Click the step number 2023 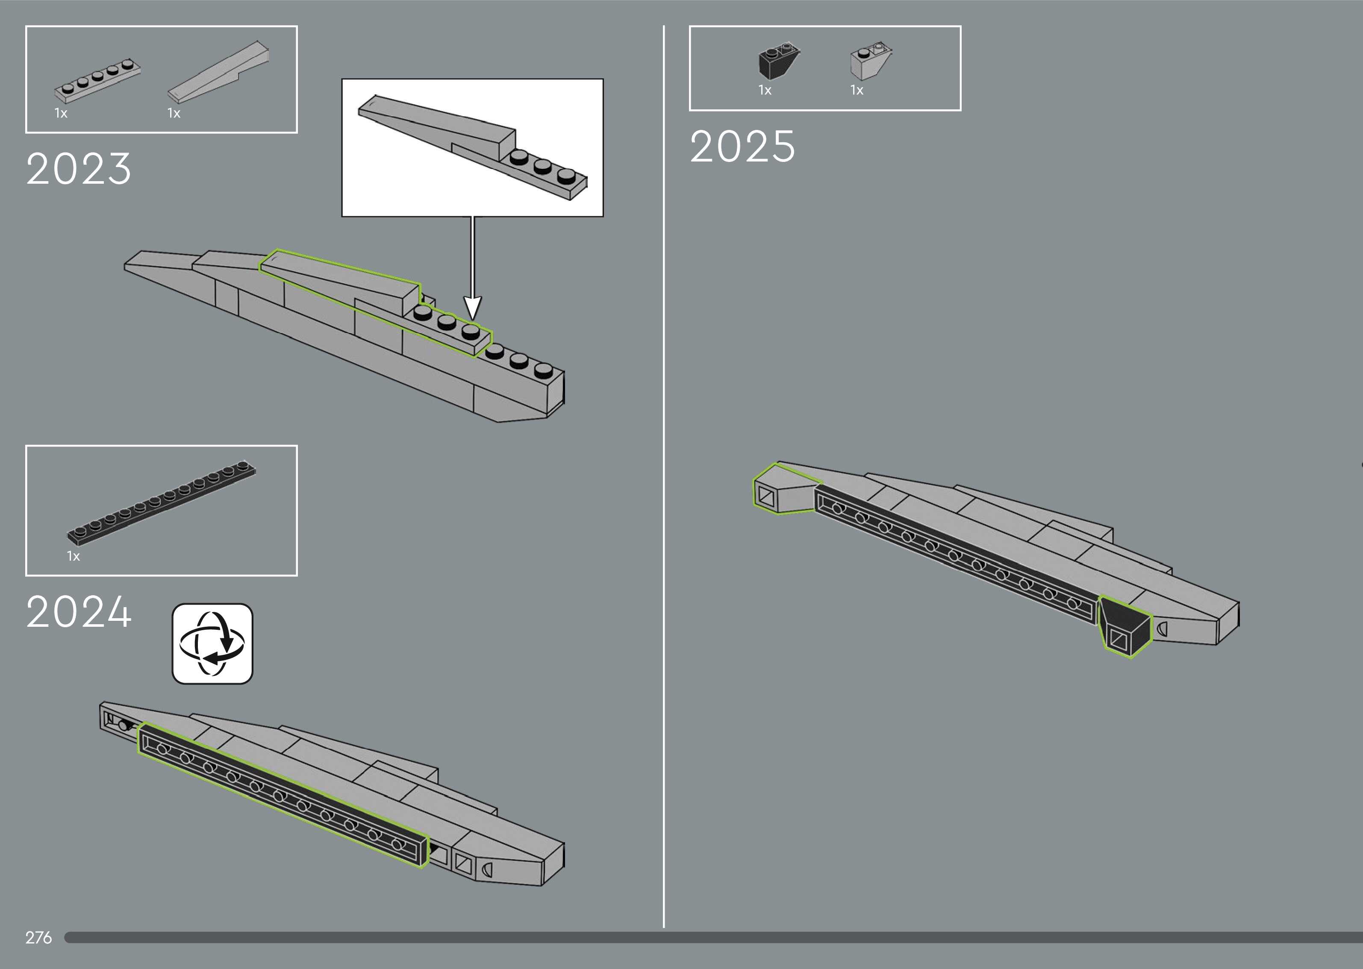tap(78, 169)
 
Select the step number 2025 tap(742, 147)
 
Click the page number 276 tap(38, 937)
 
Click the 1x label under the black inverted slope tap(765, 90)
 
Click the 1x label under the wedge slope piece tap(174, 113)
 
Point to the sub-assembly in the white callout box tap(471, 146)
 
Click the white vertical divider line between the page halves tap(664, 477)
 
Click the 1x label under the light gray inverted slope tap(857, 90)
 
